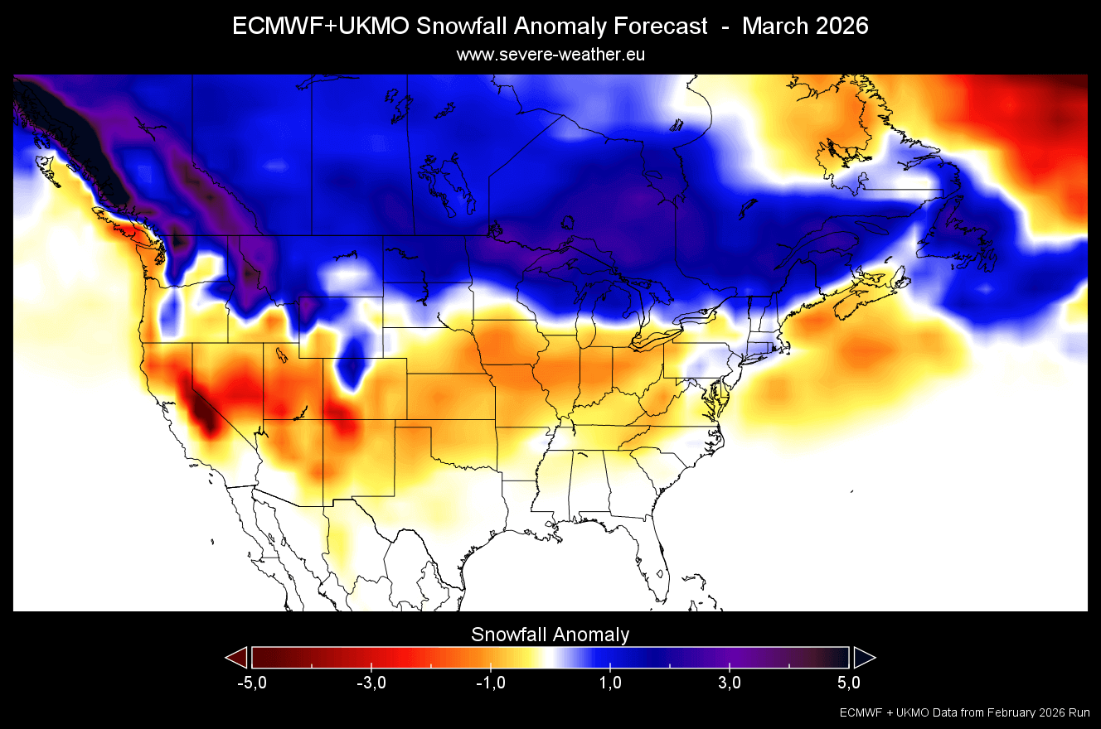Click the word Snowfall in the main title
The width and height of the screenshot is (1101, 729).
coord(461,26)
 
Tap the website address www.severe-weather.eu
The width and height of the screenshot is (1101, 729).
coord(550,55)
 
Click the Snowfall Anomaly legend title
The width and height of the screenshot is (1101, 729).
coord(550,635)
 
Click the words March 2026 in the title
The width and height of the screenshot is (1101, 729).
coord(805,26)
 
